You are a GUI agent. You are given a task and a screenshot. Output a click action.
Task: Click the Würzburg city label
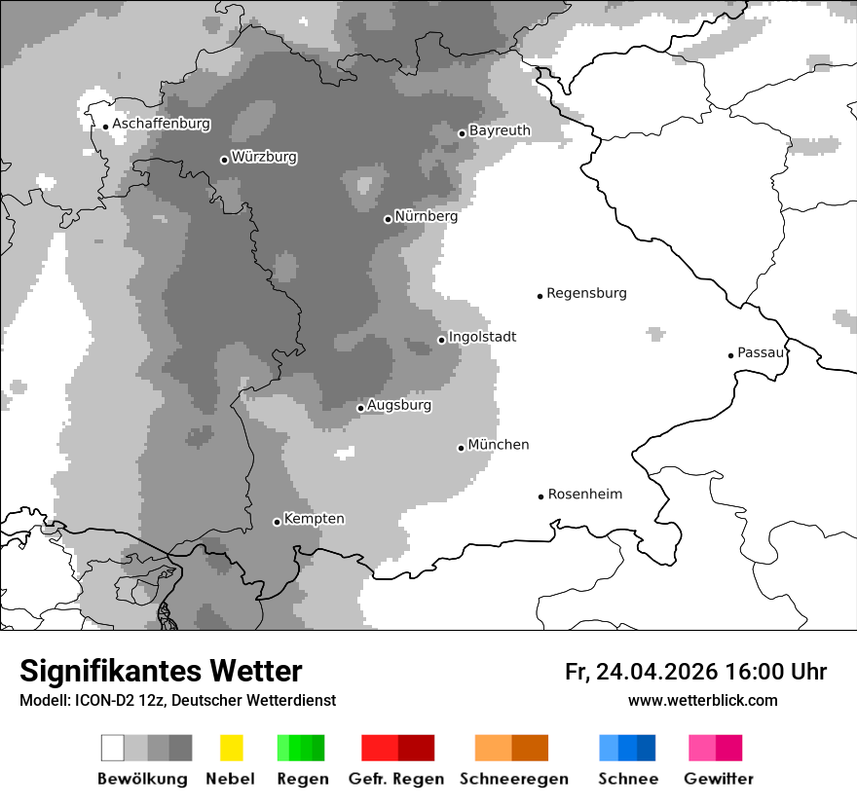pyautogui.click(x=264, y=157)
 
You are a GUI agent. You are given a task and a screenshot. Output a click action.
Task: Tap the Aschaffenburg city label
pyautogui.click(x=161, y=124)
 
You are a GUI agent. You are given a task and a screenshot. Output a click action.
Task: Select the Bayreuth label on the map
pyautogui.click(x=500, y=130)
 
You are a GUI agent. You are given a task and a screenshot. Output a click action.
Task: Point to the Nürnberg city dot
pyautogui.click(x=388, y=219)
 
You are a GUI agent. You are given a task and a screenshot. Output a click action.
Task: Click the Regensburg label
pyautogui.click(x=586, y=293)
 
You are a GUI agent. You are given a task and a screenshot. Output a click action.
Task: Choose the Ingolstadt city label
pyautogui.click(x=482, y=337)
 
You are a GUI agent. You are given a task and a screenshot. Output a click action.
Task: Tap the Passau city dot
pyautogui.click(x=730, y=355)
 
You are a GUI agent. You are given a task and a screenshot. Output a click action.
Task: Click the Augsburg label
pyautogui.click(x=399, y=405)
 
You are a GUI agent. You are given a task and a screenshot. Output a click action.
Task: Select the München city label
pyautogui.click(x=499, y=445)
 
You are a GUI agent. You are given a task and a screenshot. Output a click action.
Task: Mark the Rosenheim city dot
pyautogui.click(x=540, y=496)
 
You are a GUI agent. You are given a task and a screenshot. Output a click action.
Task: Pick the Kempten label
pyautogui.click(x=314, y=519)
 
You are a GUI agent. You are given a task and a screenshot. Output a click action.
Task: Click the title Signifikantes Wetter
pyautogui.click(x=161, y=672)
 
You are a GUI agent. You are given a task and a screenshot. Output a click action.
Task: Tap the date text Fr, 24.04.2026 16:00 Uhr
pyautogui.click(x=695, y=672)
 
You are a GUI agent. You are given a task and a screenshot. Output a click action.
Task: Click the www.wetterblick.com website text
pyautogui.click(x=702, y=700)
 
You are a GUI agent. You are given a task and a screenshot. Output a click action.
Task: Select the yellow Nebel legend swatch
pyautogui.click(x=231, y=748)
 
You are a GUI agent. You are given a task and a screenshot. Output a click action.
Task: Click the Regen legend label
pyautogui.click(x=302, y=779)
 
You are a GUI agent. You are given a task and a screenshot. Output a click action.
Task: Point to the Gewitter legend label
pyautogui.click(x=718, y=779)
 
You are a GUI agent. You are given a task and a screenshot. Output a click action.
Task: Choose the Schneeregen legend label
pyautogui.click(x=514, y=779)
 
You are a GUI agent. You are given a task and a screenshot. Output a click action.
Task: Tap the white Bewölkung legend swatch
pyautogui.click(x=113, y=748)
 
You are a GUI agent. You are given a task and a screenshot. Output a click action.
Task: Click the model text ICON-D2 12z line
pyautogui.click(x=177, y=701)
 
